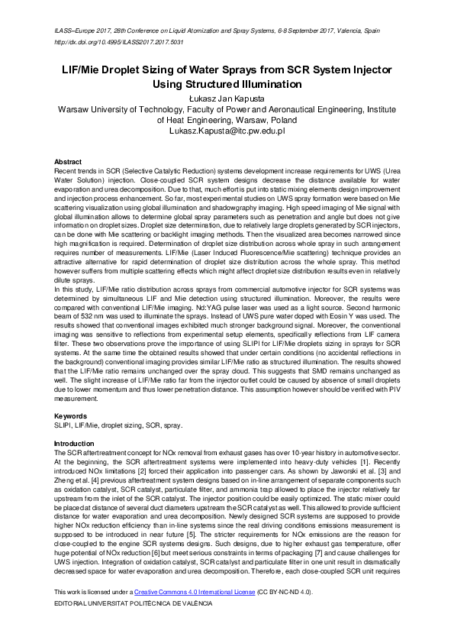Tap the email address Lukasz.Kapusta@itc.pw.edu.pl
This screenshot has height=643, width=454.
click(227, 131)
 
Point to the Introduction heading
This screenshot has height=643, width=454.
click(73, 444)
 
